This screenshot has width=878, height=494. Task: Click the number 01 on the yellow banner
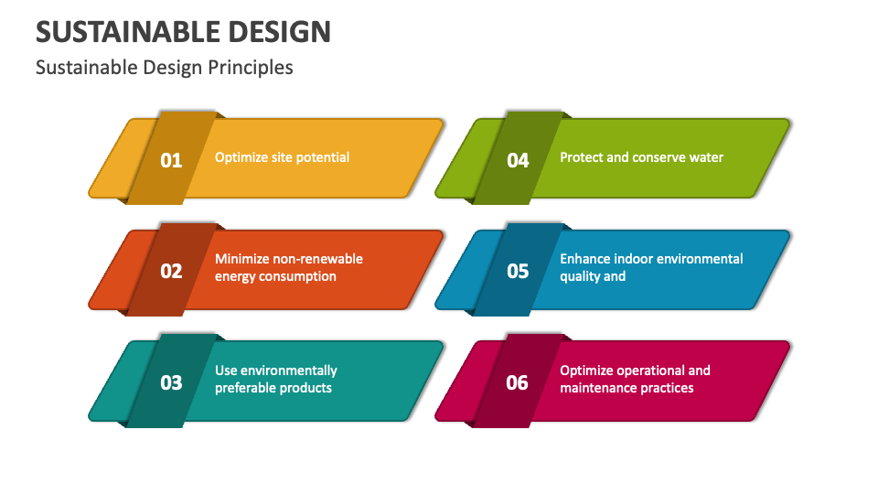click(171, 160)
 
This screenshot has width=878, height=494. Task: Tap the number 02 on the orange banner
click(171, 271)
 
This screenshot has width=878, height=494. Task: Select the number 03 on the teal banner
click(171, 382)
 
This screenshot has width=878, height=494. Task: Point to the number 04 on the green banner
click(518, 160)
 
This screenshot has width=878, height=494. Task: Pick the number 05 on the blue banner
click(518, 271)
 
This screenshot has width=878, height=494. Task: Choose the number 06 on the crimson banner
click(518, 382)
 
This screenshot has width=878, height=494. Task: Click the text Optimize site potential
click(282, 157)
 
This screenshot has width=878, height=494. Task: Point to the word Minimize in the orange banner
click(241, 259)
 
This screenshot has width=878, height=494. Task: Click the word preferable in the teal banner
click(244, 388)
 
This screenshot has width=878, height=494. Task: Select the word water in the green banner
click(705, 157)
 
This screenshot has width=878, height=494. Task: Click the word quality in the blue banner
click(579, 276)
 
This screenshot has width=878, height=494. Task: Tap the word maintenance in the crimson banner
click(598, 388)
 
